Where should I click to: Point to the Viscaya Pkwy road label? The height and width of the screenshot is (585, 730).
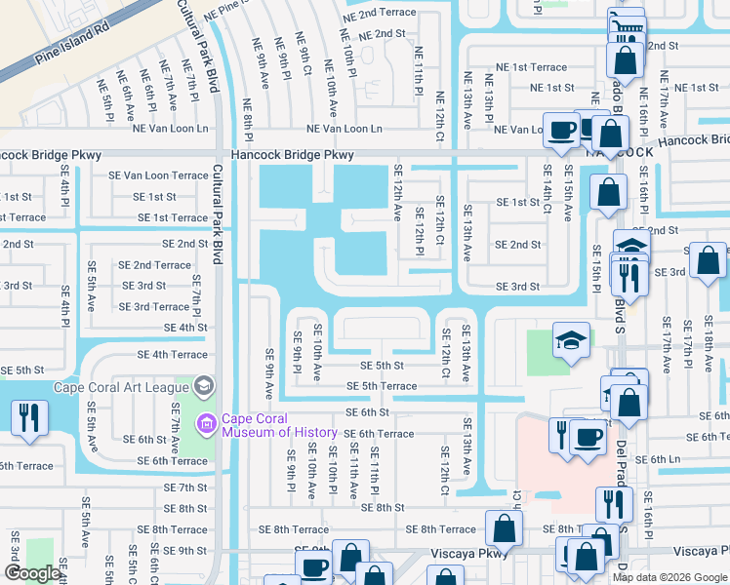tap(469, 553)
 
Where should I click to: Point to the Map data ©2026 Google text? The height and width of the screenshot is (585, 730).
tap(669, 577)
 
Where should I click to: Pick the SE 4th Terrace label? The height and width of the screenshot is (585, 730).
tap(172, 355)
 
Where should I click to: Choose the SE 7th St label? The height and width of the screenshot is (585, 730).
tap(185, 487)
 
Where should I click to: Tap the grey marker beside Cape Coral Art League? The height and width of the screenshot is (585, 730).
tap(204, 385)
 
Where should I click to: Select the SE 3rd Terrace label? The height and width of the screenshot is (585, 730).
tap(153, 306)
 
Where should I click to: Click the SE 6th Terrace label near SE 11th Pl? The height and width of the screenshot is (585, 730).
tap(379, 434)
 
